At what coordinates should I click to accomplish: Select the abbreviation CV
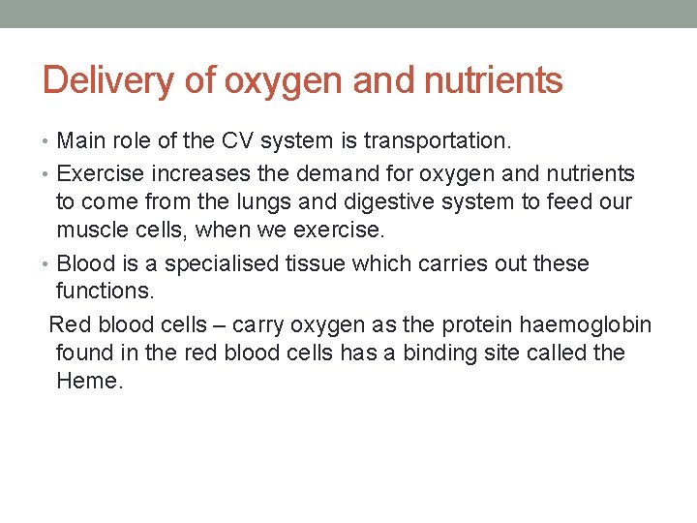tap(239, 142)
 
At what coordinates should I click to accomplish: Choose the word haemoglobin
tap(593, 324)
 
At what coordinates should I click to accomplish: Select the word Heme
tap(89, 381)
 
